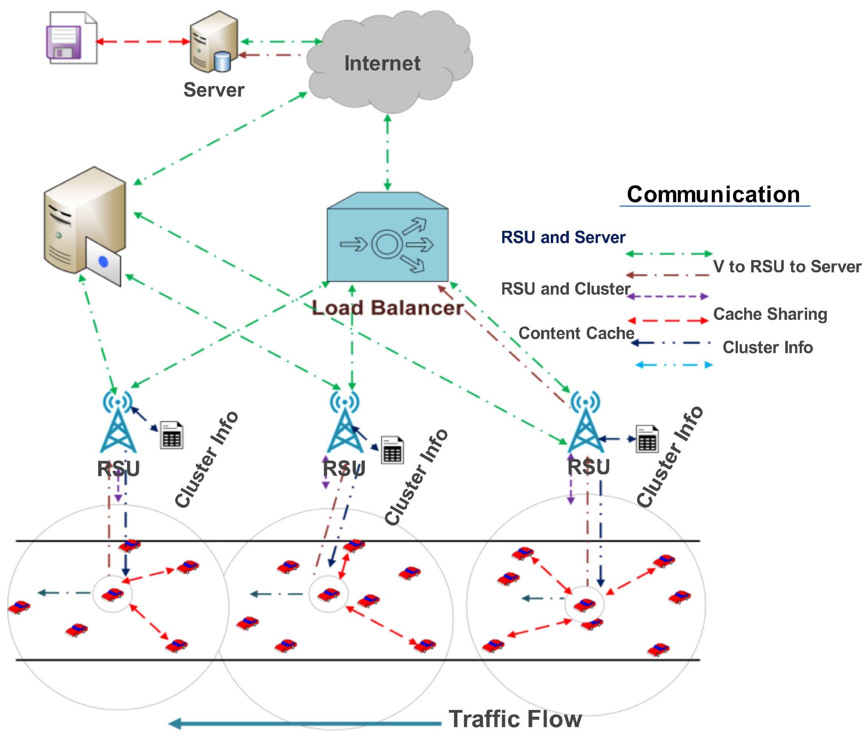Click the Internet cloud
point(389,63)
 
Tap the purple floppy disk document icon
point(71,39)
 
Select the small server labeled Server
point(214,42)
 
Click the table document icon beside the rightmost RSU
point(647,439)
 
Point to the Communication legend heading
point(713,195)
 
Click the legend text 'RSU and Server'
point(563,238)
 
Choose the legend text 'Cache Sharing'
point(770,314)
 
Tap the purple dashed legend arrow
point(668,296)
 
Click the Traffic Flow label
point(515,719)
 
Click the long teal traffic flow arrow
point(305,723)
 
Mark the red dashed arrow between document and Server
point(143,42)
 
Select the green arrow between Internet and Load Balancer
point(387,153)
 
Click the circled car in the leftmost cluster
point(113,594)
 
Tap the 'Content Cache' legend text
point(576,333)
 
